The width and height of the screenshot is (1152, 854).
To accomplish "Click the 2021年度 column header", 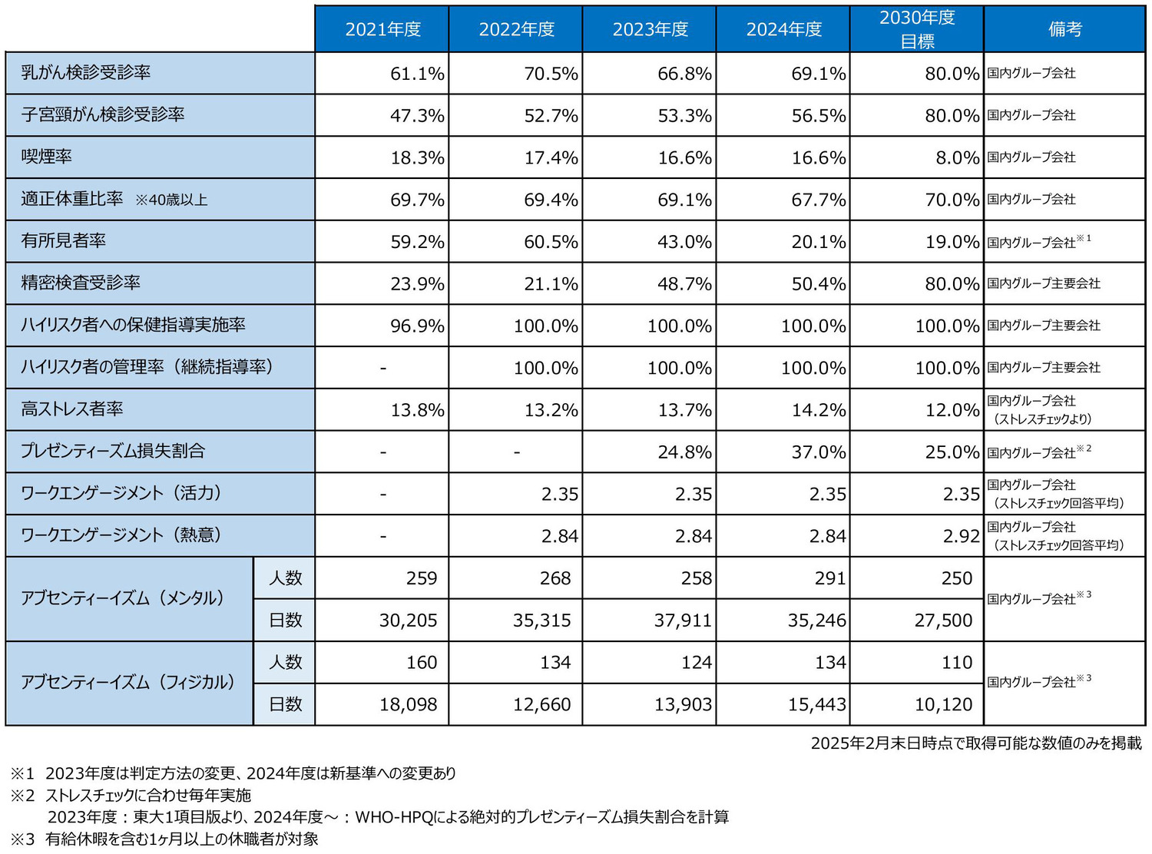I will tap(382, 29).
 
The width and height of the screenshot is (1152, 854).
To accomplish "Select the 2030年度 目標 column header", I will tap(917, 29).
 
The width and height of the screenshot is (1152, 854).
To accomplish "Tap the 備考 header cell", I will tap(1064, 29).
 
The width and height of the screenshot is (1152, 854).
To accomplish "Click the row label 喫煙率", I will tap(47, 157).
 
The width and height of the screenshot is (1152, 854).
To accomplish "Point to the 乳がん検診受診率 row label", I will tap(85, 73).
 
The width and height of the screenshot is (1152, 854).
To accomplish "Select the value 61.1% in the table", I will tap(417, 74).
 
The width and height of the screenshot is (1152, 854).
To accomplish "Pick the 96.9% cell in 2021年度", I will tap(417, 326).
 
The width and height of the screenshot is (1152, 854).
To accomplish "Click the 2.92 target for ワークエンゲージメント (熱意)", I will tap(961, 536).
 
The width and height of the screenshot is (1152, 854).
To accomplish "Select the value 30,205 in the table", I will tap(408, 621).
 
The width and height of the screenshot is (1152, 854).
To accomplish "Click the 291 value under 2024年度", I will tap(829, 578).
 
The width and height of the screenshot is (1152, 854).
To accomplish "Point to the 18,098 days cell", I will tap(408, 704).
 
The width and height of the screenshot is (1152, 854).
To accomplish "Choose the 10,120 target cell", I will tap(943, 704).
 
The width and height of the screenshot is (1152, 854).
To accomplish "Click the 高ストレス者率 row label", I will tap(72, 409).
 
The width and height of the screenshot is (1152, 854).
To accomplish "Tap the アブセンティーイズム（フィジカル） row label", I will tap(127, 683).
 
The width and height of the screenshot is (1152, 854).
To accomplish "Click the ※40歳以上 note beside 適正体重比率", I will tap(171, 200).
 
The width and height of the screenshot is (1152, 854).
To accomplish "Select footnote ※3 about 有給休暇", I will tap(164, 839).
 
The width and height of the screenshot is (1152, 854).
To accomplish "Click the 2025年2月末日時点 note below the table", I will tap(975, 743).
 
